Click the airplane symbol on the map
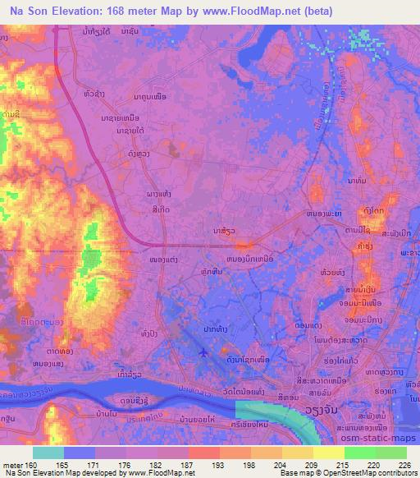pyautogui.click(x=203, y=352)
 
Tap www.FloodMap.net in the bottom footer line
pyautogui.click(x=164, y=473)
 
